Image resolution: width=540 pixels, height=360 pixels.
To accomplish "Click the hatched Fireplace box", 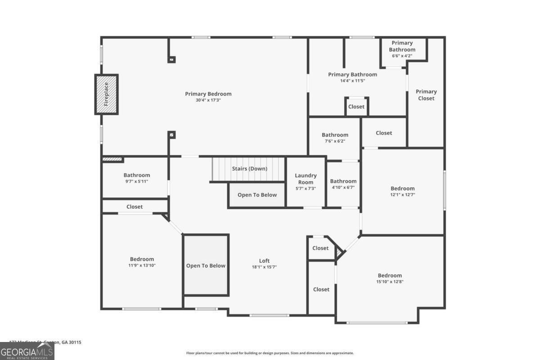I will point(106,94).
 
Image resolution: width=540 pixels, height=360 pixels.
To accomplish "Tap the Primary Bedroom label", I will point(208,94).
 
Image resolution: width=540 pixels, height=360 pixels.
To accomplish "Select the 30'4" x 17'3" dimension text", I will point(208,100).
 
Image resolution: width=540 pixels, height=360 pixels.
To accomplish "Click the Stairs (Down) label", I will point(249,169).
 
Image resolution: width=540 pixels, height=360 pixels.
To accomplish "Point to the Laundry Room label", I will point(306,179).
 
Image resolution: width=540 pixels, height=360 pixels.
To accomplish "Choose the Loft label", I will point(264,261).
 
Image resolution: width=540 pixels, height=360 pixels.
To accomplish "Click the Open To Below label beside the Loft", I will point(206,265).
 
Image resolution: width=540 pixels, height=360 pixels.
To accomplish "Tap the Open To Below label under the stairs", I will point(257,195).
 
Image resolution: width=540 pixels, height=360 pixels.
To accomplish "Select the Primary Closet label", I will point(426,95).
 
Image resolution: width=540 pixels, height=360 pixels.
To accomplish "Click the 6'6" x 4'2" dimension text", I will point(402,56).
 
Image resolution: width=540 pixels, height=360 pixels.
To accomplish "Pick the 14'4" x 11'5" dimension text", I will point(352,81).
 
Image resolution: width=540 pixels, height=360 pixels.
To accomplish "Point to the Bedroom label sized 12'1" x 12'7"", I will point(402,189).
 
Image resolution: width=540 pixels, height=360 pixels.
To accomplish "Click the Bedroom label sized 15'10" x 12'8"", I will point(389,275).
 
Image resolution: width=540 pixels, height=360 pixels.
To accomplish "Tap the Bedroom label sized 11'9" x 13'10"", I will point(142,259).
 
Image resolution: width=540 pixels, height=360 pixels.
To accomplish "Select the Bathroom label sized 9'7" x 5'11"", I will point(137,175).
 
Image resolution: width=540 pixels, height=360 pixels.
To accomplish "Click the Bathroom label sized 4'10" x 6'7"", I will point(343,181).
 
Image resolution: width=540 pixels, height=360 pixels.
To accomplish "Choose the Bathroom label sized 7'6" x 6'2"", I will point(335,135).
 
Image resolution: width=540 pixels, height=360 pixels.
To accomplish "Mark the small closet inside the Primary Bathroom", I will point(356,107).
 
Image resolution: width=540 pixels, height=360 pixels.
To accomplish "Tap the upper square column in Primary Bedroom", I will point(171,59).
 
